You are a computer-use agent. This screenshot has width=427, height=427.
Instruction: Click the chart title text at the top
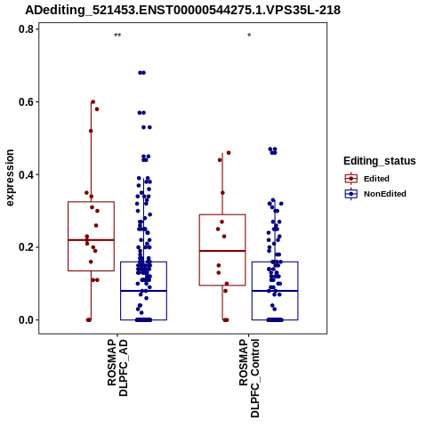(x=182, y=10)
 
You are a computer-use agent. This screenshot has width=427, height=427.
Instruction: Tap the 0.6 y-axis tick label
(x=25, y=101)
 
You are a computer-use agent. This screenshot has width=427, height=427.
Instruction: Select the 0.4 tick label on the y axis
(x=25, y=174)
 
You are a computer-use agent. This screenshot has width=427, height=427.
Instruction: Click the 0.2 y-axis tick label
(x=25, y=247)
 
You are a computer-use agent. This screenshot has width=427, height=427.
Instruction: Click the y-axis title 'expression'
(x=10, y=178)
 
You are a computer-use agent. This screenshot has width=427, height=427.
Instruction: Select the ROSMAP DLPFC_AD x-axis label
(x=117, y=367)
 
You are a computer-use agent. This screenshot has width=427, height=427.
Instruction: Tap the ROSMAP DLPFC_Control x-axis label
(x=249, y=378)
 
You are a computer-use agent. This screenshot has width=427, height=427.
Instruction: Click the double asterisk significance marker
(x=117, y=36)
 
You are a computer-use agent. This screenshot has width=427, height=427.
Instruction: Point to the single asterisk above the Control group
(x=249, y=36)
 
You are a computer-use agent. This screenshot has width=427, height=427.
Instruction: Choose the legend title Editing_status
(x=380, y=161)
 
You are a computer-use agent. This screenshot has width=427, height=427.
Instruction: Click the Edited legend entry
(x=367, y=179)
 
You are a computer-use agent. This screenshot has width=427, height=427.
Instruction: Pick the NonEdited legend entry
(x=375, y=194)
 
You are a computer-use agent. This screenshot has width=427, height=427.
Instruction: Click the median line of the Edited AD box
(x=91, y=240)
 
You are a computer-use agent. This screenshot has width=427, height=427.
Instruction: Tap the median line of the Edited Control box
(x=222, y=251)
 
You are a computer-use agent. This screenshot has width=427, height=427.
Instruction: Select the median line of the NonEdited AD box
(x=143, y=291)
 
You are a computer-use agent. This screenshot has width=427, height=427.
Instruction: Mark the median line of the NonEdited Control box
(x=275, y=291)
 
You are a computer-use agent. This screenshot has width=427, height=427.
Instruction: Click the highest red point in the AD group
(x=93, y=102)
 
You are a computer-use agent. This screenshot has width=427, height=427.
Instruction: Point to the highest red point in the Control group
(x=229, y=153)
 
